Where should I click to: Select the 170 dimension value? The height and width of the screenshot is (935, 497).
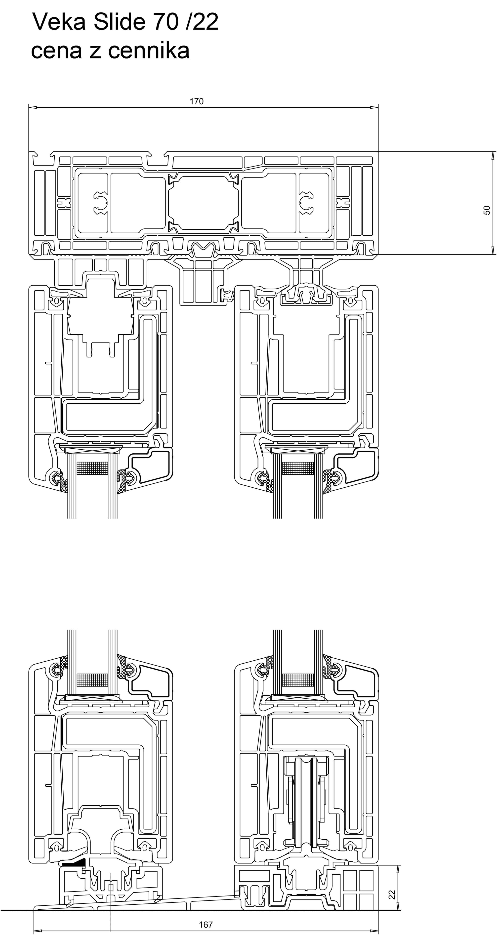pos(197,101)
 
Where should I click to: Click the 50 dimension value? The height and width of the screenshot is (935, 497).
pos(487,210)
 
